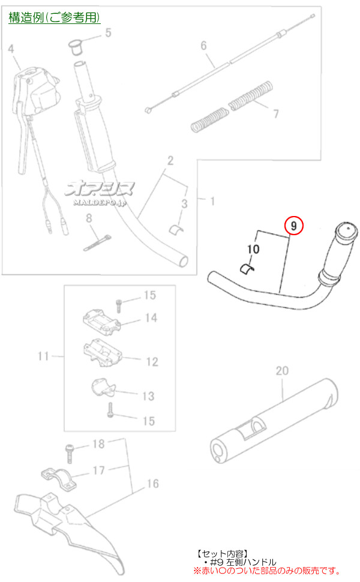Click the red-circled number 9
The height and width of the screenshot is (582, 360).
(293, 226)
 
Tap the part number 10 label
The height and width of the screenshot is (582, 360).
(253, 248)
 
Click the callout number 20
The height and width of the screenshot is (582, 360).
(282, 370)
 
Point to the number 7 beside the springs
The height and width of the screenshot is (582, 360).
(276, 113)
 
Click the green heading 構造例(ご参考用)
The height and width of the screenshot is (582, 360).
(54, 17)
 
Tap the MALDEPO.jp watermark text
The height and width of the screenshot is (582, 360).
(100, 203)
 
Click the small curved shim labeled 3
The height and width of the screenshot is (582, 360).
(175, 229)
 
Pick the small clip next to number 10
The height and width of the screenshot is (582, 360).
(245, 268)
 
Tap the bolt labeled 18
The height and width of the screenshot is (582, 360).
(70, 453)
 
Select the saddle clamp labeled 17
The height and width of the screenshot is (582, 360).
(59, 478)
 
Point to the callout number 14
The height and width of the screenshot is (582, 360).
(151, 318)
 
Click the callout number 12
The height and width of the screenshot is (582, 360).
(152, 362)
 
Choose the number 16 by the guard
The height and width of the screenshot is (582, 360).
(152, 483)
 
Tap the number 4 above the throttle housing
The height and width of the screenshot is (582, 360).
(11, 49)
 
